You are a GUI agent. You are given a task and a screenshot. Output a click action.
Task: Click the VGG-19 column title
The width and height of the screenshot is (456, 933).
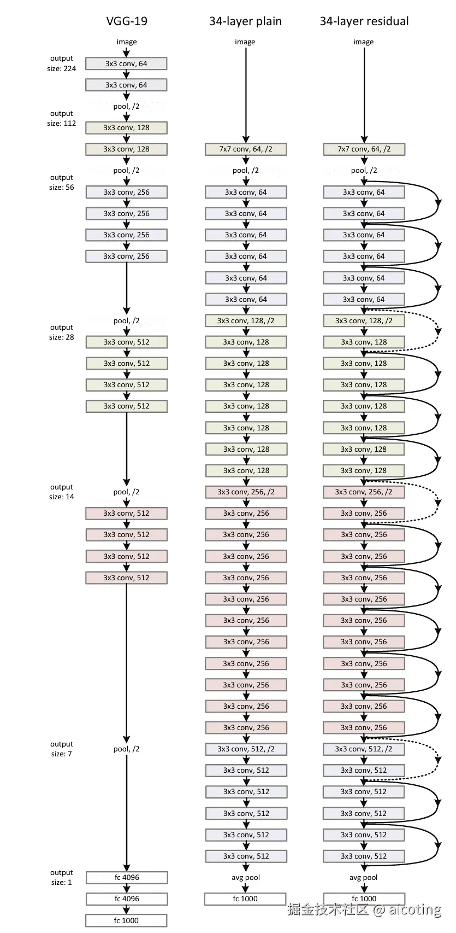click(127, 21)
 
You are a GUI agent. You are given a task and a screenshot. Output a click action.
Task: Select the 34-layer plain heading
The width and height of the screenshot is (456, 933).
click(245, 21)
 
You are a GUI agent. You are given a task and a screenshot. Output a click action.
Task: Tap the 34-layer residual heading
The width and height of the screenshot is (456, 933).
click(364, 21)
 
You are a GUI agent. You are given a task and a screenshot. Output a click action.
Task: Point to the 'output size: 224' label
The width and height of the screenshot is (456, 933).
click(62, 63)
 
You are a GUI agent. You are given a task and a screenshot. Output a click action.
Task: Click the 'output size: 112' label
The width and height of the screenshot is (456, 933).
click(62, 119)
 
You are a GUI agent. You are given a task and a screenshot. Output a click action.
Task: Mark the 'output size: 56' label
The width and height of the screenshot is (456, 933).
click(62, 183)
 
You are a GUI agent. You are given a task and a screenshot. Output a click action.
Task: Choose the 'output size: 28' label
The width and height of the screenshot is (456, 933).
click(62, 333)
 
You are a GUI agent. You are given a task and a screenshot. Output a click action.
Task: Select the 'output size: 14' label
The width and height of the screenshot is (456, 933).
click(62, 492)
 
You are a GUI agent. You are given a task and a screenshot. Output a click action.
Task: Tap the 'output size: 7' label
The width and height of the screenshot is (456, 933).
click(62, 749)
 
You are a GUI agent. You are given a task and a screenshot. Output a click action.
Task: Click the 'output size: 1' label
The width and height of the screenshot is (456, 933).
click(62, 878)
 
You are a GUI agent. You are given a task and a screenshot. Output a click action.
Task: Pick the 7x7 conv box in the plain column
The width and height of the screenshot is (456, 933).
click(246, 149)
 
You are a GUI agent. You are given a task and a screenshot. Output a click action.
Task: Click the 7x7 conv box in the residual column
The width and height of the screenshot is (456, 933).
click(364, 149)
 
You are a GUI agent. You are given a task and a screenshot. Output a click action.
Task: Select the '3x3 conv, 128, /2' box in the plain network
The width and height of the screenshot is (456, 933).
click(246, 321)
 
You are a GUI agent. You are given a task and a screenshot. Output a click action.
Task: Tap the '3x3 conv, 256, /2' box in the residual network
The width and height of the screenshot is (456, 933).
click(364, 492)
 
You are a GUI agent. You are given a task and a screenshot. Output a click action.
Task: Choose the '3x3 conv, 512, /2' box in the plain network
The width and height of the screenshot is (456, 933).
click(246, 749)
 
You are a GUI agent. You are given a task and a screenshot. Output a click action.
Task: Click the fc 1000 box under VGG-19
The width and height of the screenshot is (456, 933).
click(126, 921)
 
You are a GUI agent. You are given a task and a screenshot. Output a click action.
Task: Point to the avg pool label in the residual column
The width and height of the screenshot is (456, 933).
click(364, 878)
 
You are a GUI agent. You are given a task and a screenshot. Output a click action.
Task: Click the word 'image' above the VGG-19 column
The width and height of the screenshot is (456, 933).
click(127, 42)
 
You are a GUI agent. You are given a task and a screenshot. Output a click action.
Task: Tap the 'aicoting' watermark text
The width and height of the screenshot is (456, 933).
click(414, 909)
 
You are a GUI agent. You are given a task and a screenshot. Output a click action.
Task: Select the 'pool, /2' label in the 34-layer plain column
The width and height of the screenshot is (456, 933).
click(246, 171)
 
